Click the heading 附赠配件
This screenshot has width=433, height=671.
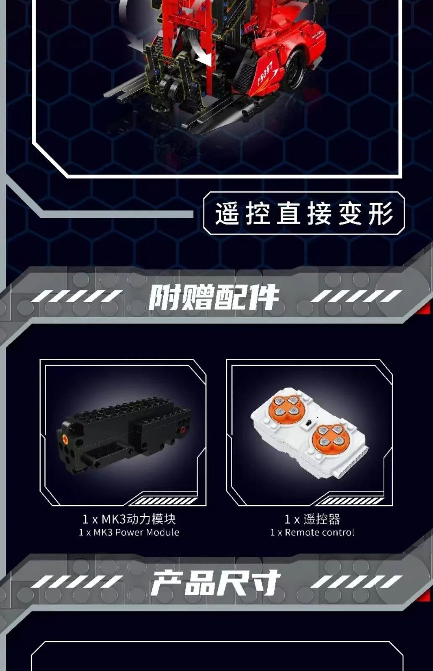click(x=214, y=297)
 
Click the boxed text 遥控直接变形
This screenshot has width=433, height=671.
click(x=304, y=213)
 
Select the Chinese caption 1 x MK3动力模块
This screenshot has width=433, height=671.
click(x=129, y=519)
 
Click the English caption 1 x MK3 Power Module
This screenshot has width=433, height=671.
click(x=129, y=532)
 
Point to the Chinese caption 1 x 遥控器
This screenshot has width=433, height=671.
click(x=312, y=519)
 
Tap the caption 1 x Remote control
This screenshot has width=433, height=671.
click(x=312, y=532)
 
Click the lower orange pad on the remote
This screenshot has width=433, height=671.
click(x=331, y=436)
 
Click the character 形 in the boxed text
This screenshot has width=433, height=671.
click(x=381, y=213)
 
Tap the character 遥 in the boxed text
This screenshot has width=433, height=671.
click(x=227, y=213)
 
